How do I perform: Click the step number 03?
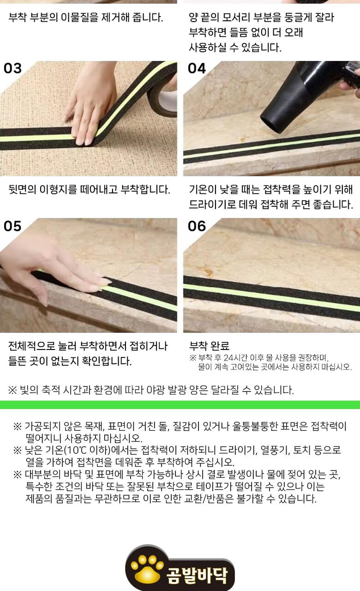point(12,68)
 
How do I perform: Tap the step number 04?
point(197,68)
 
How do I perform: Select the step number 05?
point(12,226)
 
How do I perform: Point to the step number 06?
point(197,226)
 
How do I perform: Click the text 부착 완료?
point(210,346)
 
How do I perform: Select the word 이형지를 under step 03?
point(58,189)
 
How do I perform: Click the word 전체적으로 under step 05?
point(32,346)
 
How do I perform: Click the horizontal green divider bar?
point(180,405)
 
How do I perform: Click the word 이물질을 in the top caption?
point(80,18)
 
